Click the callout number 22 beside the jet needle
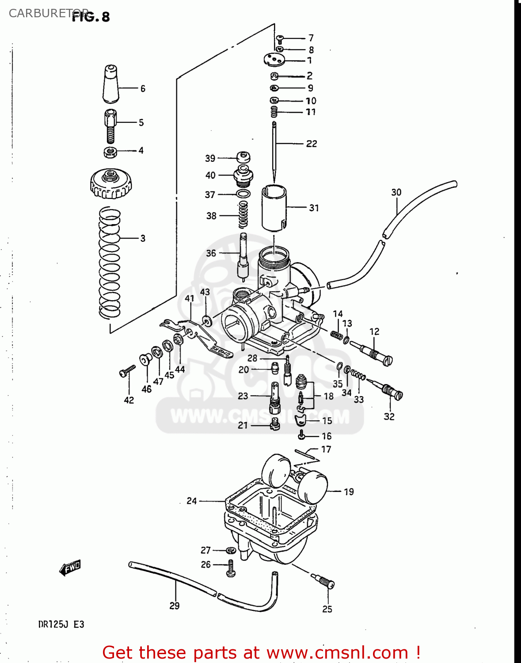pos(312,144)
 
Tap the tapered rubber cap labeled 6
pos(110,84)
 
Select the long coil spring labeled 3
pos(109,263)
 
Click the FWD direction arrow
pos(71,568)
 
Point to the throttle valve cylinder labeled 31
pos(274,208)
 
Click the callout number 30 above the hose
pos(396,192)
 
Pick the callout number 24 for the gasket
pos(191,501)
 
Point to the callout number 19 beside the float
pos(349,492)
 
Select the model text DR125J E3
pos(61,624)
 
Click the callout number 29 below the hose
pos(175,606)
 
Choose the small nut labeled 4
pos(110,152)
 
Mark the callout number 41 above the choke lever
pos(190,298)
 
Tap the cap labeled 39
pos(243,157)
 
